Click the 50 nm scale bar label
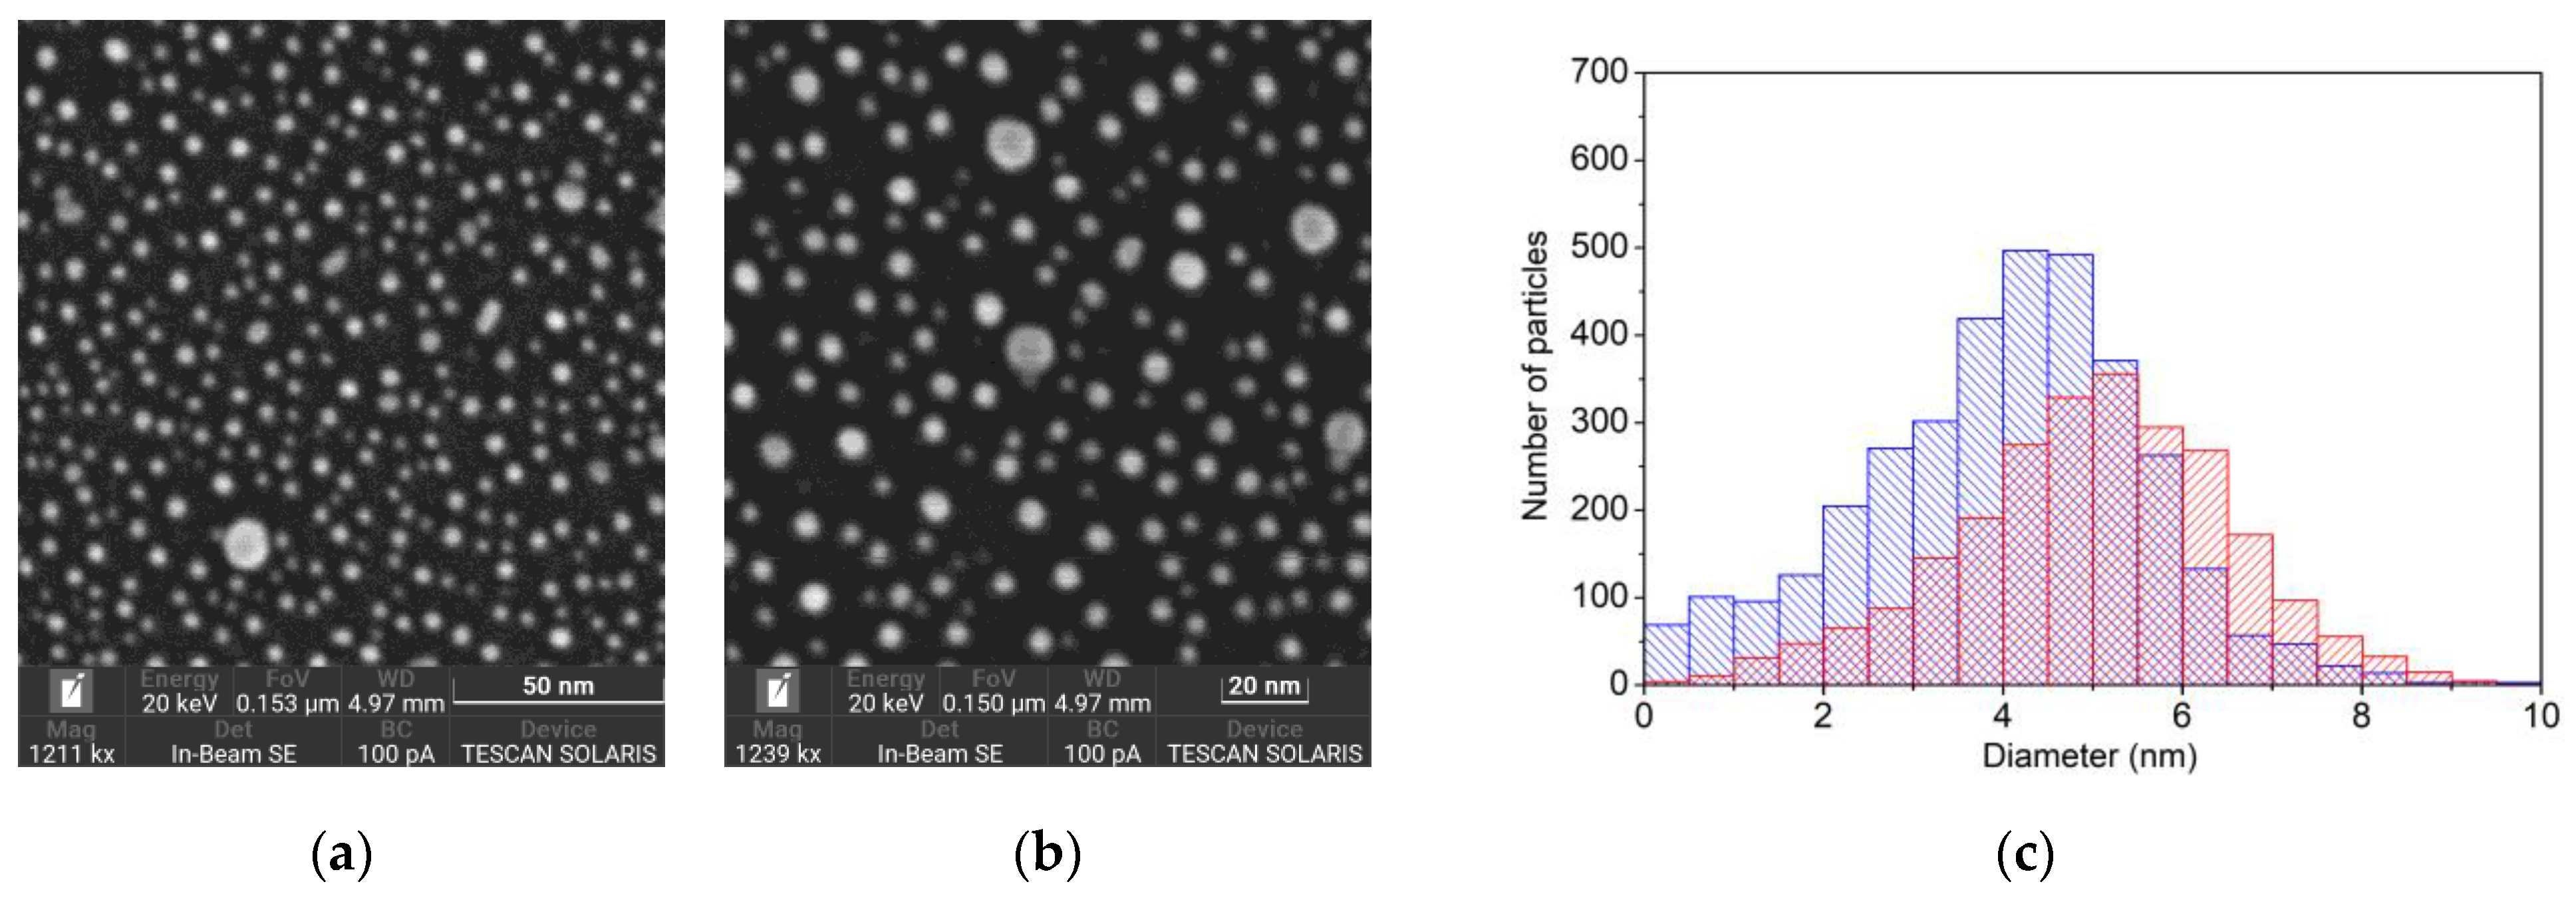(557, 686)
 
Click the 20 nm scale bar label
(1263, 686)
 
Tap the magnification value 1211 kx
(71, 754)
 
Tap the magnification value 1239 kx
(778, 754)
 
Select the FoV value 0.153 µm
(287, 703)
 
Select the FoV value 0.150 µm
(993, 703)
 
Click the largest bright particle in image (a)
(245, 544)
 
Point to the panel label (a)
(342, 855)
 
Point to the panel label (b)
(1047, 855)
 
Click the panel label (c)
(2025, 855)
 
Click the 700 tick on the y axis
(1599, 72)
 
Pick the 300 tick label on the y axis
(1599, 421)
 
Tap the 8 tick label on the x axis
(2361, 716)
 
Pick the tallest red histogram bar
(2114, 529)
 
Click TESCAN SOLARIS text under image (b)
(1264, 754)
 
